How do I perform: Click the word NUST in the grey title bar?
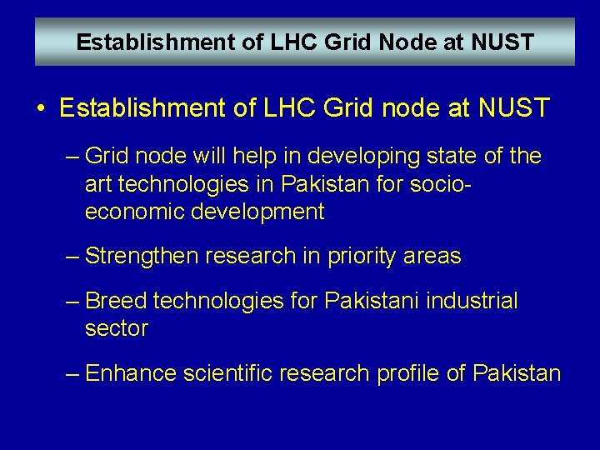(x=502, y=42)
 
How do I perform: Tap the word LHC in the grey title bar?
(x=286, y=42)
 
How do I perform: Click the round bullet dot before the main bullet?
(x=41, y=108)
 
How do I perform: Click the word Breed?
(x=117, y=301)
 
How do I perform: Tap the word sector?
(x=117, y=328)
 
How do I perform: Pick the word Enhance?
(x=129, y=373)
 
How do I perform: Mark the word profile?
(x=408, y=373)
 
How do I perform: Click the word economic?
(x=135, y=212)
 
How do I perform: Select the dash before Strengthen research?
(x=72, y=256)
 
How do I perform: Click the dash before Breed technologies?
(x=72, y=301)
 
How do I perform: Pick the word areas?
(x=431, y=256)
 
